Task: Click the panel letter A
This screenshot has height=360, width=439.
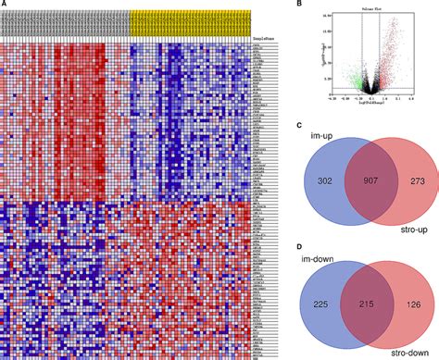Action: [x=5, y=6]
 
